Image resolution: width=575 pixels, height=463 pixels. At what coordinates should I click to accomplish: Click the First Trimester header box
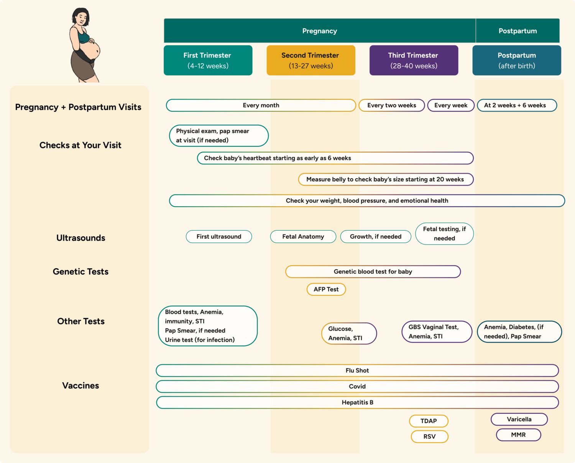coord(208,60)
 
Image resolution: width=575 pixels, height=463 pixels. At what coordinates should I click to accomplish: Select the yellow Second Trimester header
coord(310,60)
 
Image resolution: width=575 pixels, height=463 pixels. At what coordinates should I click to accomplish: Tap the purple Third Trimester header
coord(414,60)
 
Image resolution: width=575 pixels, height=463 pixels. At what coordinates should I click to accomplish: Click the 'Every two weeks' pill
coord(391,105)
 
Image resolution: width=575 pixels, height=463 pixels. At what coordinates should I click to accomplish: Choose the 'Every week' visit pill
coord(451,105)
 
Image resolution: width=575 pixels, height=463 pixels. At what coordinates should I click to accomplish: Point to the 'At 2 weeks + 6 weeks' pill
coord(516,105)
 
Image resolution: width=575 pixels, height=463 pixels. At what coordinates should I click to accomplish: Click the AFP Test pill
coord(326,289)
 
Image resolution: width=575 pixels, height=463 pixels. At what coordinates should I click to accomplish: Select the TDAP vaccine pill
coord(429,421)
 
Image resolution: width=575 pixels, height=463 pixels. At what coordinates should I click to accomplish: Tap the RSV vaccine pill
coord(429,437)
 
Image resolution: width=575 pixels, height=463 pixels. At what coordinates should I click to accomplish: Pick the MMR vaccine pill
coord(518,435)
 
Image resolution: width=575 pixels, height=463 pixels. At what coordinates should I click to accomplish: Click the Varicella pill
coord(519,419)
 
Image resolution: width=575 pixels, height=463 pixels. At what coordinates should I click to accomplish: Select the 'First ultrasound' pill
coord(219,236)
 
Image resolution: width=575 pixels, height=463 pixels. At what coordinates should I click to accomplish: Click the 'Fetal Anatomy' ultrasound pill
coord(303,236)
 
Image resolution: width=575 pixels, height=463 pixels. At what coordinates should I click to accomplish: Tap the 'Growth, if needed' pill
coord(375,236)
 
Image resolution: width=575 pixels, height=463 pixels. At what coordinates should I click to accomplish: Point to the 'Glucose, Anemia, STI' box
coord(349,333)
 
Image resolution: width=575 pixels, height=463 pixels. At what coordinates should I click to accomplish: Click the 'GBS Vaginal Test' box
coord(437,332)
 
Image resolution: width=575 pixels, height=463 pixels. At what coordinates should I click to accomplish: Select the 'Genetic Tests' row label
coord(80,272)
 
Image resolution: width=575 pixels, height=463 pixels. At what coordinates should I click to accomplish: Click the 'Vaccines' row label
coord(80,386)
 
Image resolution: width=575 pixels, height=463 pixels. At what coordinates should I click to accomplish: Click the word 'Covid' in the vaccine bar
coord(357,386)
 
